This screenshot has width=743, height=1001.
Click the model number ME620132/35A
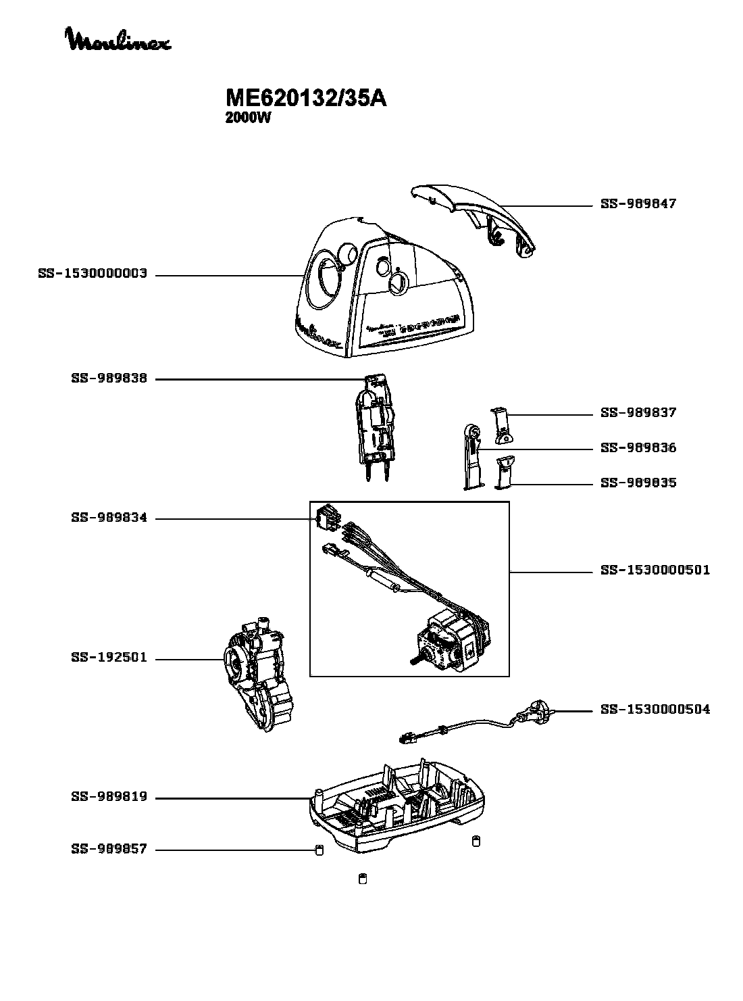point(305,99)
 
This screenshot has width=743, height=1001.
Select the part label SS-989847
point(638,204)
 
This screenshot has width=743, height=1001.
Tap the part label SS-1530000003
point(93,274)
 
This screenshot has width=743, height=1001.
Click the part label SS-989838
point(109,379)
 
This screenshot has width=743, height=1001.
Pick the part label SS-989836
point(638,448)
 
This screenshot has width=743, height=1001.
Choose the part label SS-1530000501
point(655,570)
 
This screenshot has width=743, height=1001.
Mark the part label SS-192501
point(109,658)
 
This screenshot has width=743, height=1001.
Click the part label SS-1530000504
point(655,710)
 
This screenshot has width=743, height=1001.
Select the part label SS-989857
point(109,849)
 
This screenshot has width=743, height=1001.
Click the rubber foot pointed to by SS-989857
point(319,850)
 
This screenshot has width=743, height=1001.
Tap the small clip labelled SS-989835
point(504,472)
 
